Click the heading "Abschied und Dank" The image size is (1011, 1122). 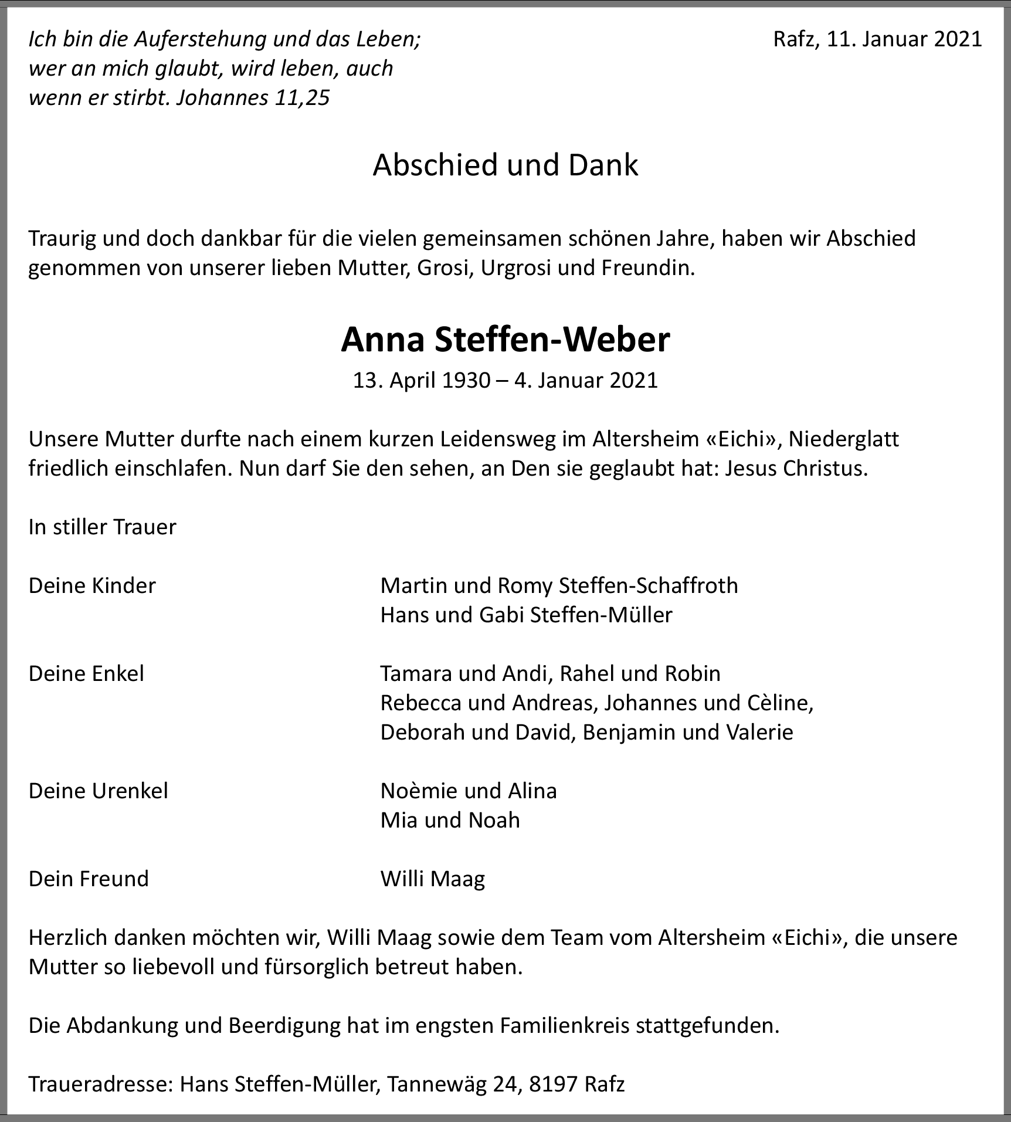[x=505, y=165]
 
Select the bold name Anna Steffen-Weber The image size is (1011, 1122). [x=505, y=340]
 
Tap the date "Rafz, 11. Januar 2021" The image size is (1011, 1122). [x=877, y=39]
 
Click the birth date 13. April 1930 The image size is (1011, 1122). [x=421, y=381]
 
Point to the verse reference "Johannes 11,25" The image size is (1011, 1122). [x=253, y=98]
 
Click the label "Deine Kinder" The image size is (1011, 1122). [x=92, y=585]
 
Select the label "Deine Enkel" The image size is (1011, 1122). [x=86, y=673]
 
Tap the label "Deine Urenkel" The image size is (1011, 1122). [x=98, y=791]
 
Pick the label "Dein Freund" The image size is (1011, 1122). [x=89, y=879]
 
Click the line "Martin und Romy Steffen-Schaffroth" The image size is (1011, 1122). [x=559, y=585]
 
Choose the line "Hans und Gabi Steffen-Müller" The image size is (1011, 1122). [x=526, y=615]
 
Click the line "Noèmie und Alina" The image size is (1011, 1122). [x=469, y=791]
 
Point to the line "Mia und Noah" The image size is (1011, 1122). [x=450, y=820]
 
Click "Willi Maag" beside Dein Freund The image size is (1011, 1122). [x=433, y=879]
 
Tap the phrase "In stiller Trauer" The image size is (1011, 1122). [x=102, y=527]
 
